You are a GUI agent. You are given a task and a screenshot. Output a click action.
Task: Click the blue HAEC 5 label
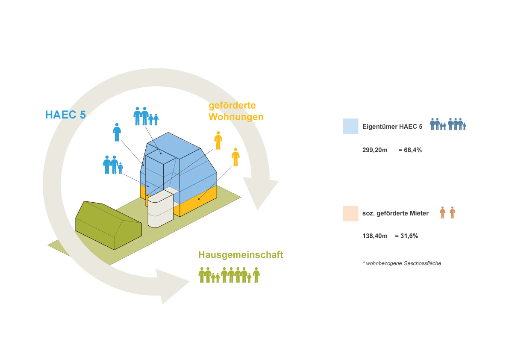(65, 115)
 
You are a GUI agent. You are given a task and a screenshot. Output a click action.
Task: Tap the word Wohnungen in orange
(236, 117)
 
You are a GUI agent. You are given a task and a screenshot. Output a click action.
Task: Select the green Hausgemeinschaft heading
(241, 254)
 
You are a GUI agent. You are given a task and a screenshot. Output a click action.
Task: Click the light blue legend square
(350, 126)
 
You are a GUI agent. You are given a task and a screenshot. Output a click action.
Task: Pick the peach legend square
(350, 214)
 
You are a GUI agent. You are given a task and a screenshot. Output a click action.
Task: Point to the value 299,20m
(375, 150)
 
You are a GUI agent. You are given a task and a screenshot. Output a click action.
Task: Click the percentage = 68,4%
(410, 150)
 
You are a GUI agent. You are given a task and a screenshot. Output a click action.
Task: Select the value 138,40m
(375, 236)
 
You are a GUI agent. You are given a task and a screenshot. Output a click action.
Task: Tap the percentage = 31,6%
(406, 236)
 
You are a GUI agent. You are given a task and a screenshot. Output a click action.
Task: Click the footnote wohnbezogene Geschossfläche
(403, 263)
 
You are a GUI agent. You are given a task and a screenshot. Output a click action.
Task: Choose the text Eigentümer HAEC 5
(392, 127)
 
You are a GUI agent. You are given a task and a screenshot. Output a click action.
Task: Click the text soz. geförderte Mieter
(395, 213)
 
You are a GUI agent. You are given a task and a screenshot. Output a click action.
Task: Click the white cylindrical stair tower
(160, 209)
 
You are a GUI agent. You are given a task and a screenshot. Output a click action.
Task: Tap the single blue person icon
(117, 132)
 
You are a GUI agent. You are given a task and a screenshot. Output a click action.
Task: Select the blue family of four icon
(146, 116)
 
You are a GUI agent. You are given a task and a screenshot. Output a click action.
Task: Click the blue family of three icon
(113, 165)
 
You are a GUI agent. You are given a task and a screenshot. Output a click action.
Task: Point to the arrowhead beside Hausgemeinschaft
(172, 286)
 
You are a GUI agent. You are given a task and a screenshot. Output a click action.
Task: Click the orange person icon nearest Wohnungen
(218, 141)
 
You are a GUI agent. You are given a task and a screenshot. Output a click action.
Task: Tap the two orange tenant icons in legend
(447, 212)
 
